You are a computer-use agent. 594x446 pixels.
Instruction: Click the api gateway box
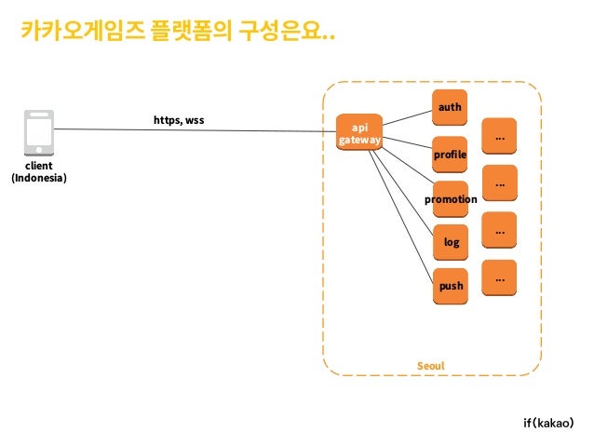pyautogui.click(x=359, y=132)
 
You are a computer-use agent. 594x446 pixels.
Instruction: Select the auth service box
pyautogui.click(x=450, y=107)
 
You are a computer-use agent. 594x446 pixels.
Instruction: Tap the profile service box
pyautogui.click(x=450, y=155)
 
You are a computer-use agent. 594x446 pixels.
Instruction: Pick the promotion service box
pyautogui.click(x=451, y=199)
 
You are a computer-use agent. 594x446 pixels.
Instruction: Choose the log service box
pyautogui.click(x=451, y=242)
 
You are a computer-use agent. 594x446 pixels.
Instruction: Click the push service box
pyautogui.click(x=451, y=286)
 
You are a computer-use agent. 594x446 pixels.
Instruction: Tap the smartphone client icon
pyautogui.click(x=39, y=132)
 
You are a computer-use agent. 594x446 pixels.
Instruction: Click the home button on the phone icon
pyautogui.click(x=39, y=150)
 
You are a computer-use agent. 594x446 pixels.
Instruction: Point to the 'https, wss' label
pyautogui.click(x=179, y=120)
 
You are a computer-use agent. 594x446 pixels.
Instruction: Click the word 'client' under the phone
pyautogui.click(x=39, y=166)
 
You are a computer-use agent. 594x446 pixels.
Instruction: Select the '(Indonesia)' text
pyautogui.click(x=39, y=178)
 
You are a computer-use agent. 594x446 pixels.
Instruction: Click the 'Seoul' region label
pyautogui.click(x=431, y=366)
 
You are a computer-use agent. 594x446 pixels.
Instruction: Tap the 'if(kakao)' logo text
pyautogui.click(x=548, y=423)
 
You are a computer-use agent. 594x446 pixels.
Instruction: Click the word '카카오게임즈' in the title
pyautogui.click(x=83, y=31)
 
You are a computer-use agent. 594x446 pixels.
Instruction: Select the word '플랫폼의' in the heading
pyautogui.click(x=191, y=31)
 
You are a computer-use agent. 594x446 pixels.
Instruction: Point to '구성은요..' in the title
pyautogui.click(x=287, y=31)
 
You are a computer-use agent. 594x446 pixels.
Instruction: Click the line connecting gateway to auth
pyautogui.click(x=407, y=118)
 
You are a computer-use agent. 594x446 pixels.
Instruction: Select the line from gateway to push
pyautogui.click(x=400, y=216)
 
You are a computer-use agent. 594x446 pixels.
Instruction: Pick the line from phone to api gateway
pyautogui.click(x=196, y=130)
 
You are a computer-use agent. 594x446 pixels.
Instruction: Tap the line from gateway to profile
pyautogui.click(x=407, y=142)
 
